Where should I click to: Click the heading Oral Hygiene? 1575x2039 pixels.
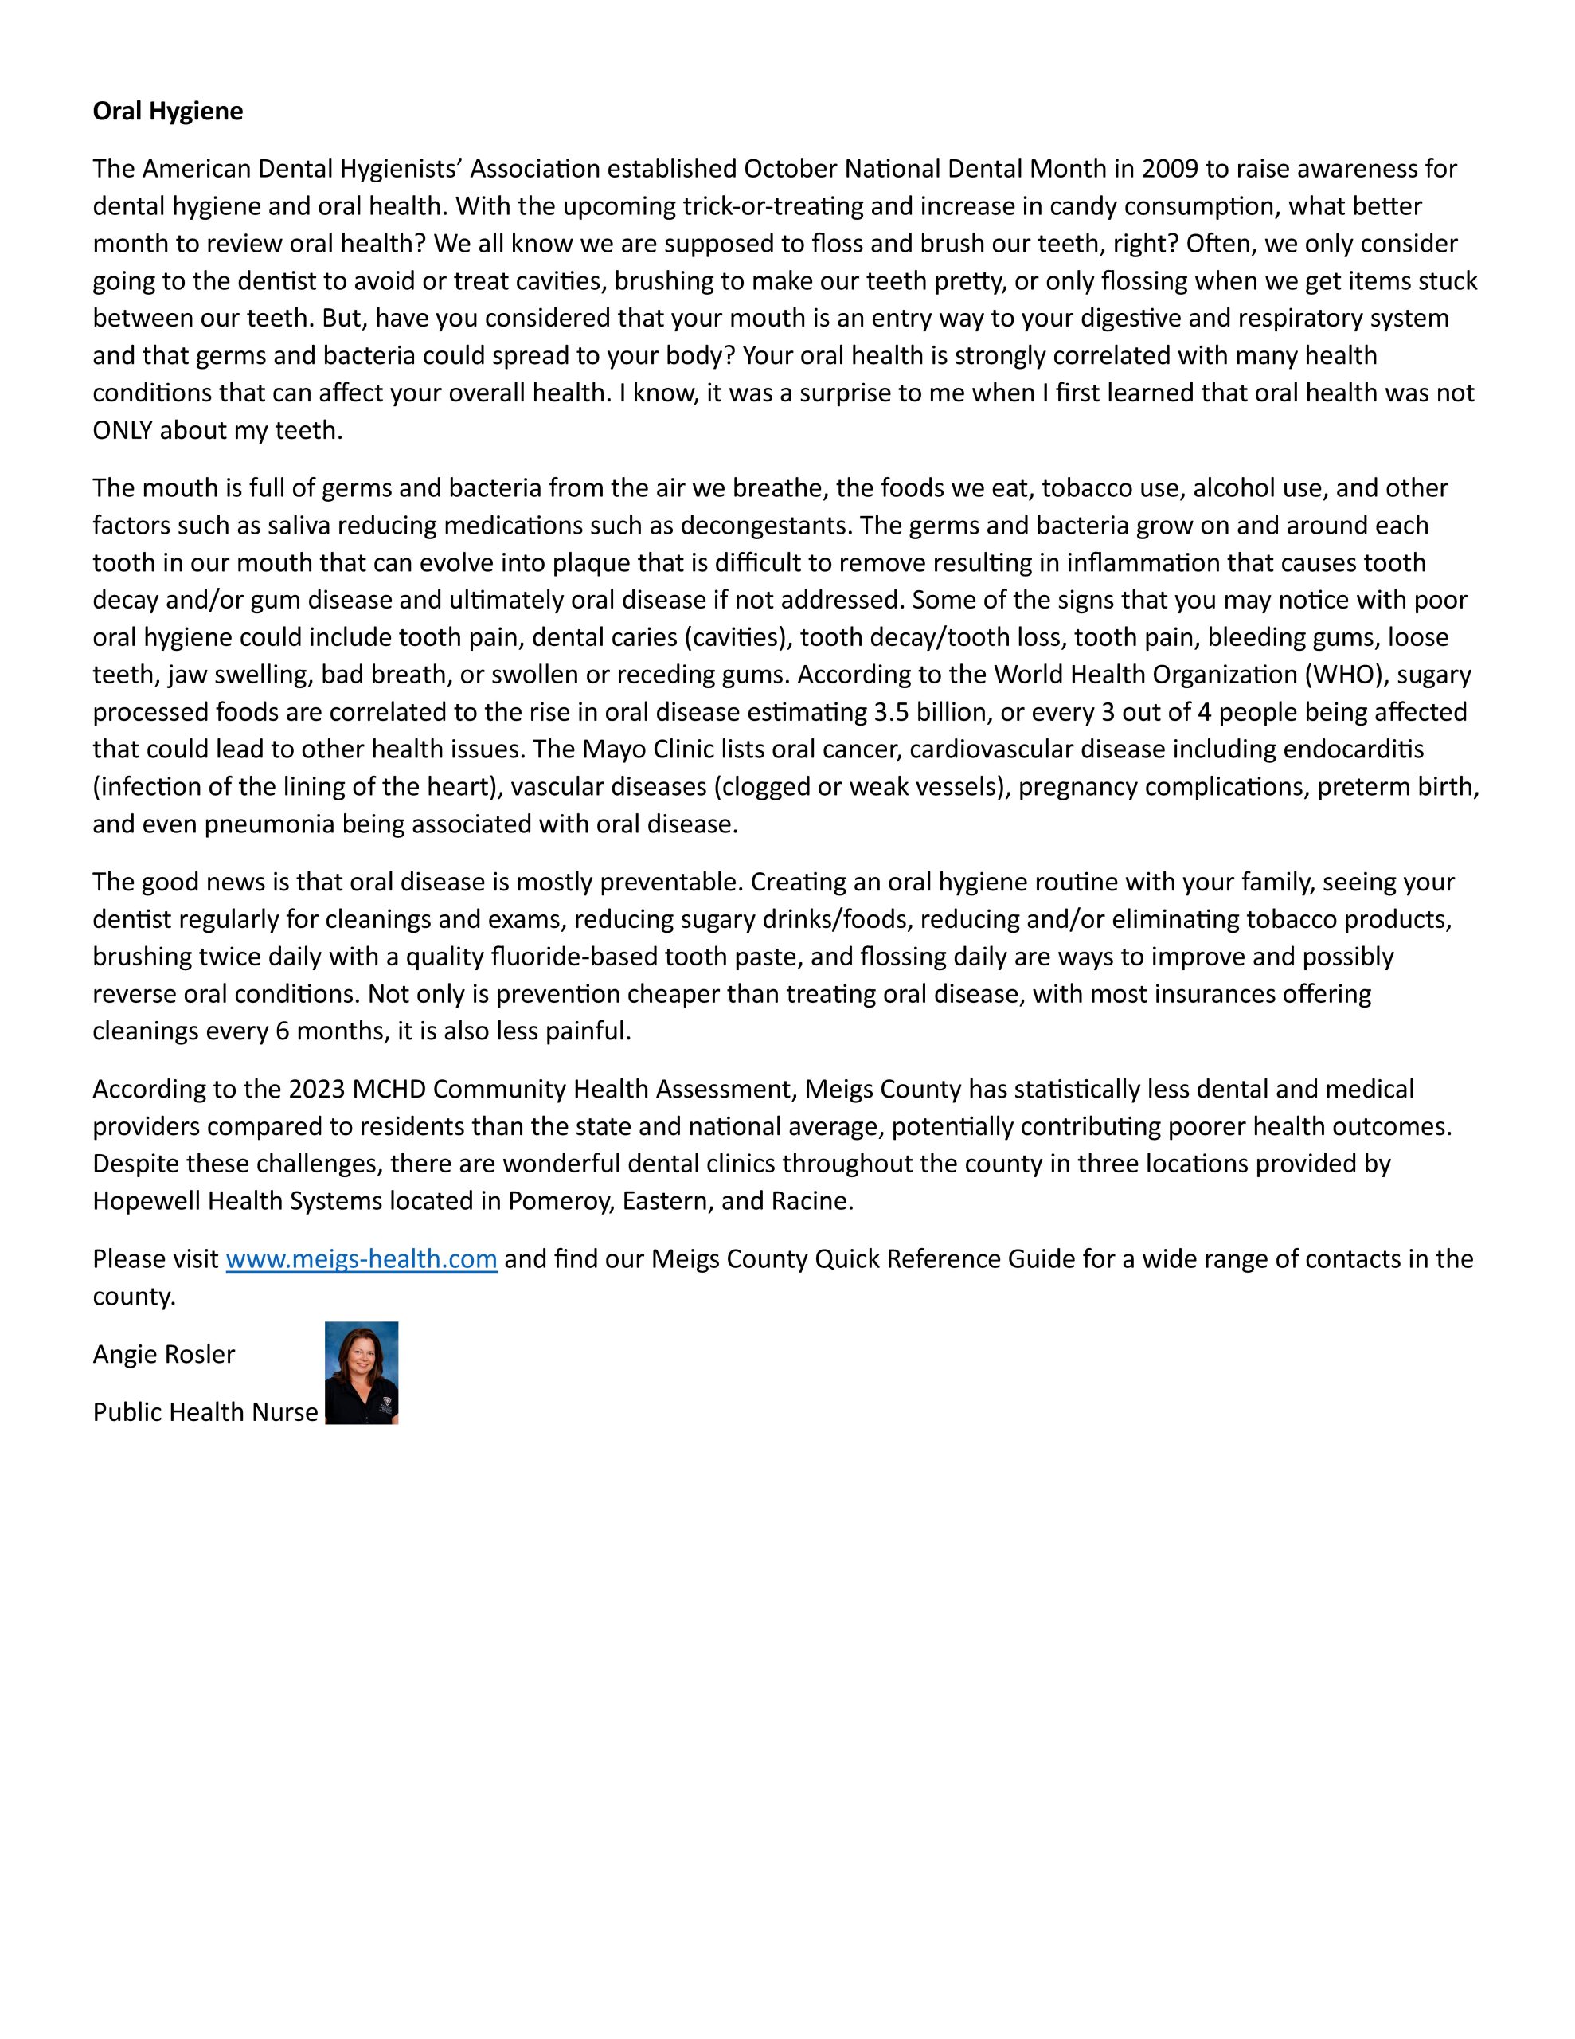coord(167,111)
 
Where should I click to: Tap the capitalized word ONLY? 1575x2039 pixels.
coord(123,430)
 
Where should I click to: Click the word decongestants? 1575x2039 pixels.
coord(764,526)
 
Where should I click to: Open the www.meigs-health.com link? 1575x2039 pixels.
coord(362,1259)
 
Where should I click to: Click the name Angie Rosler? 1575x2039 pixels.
coord(163,1355)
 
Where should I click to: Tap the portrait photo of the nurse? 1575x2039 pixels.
coord(362,1372)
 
